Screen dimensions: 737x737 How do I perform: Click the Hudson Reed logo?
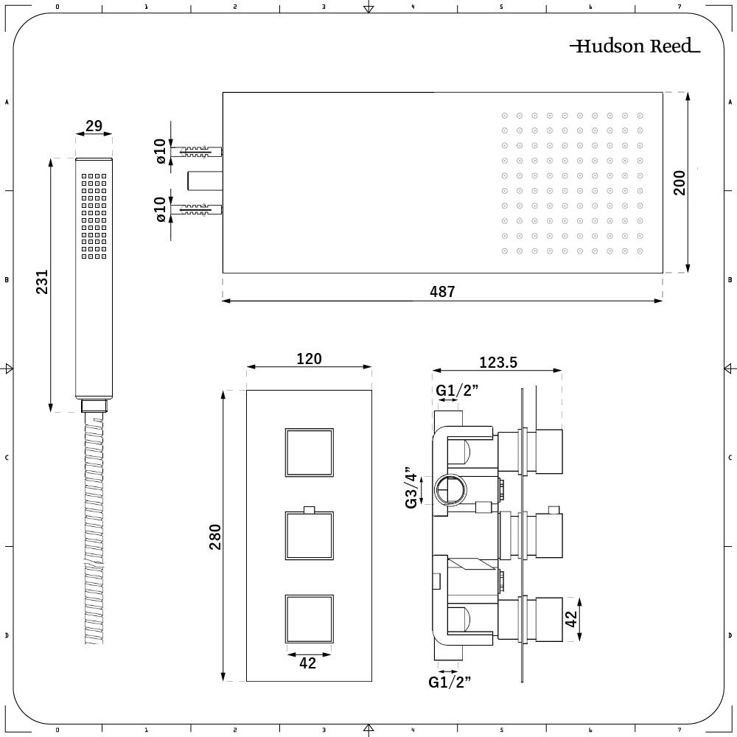pos(635,46)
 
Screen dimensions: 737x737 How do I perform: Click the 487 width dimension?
pos(442,292)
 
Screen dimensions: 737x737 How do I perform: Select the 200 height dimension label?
pos(680,182)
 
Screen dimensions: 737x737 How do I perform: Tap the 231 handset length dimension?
pos(43,282)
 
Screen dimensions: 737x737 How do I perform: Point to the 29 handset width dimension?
pos(94,126)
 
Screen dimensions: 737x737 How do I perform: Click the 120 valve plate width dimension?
pos(309,359)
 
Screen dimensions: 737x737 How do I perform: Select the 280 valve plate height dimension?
pos(215,537)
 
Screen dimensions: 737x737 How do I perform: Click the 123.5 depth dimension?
pos(498,362)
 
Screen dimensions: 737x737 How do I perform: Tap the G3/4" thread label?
pos(411,487)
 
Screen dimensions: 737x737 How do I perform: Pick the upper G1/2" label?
pos(457,390)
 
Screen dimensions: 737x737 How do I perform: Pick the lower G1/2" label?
pos(450,682)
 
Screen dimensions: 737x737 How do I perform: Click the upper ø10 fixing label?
pos(160,152)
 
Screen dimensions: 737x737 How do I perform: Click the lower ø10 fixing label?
pos(160,209)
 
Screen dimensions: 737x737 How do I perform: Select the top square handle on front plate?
pos(309,452)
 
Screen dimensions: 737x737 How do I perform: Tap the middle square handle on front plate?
pos(309,536)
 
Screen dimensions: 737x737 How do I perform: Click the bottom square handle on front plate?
pos(309,619)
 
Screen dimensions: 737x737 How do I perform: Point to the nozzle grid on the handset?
pos(94,216)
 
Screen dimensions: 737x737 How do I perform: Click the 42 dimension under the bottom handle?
pos(308,663)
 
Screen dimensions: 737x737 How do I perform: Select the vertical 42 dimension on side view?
pos(571,618)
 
